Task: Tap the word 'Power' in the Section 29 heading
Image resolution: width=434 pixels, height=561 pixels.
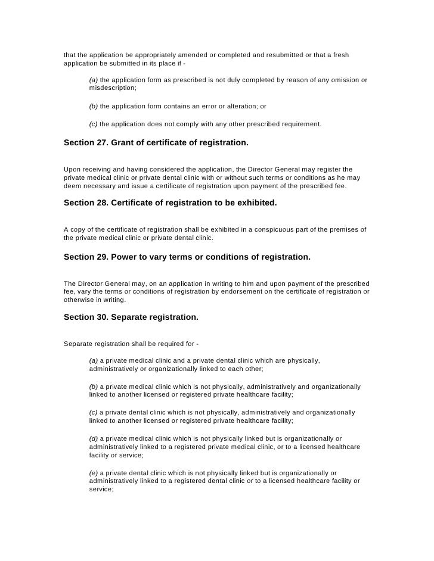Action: (124, 257)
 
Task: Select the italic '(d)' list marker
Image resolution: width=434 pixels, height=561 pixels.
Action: (94, 438)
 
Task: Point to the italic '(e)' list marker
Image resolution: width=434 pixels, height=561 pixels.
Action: (94, 473)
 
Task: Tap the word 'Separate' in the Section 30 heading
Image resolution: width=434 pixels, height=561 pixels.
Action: (129, 317)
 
